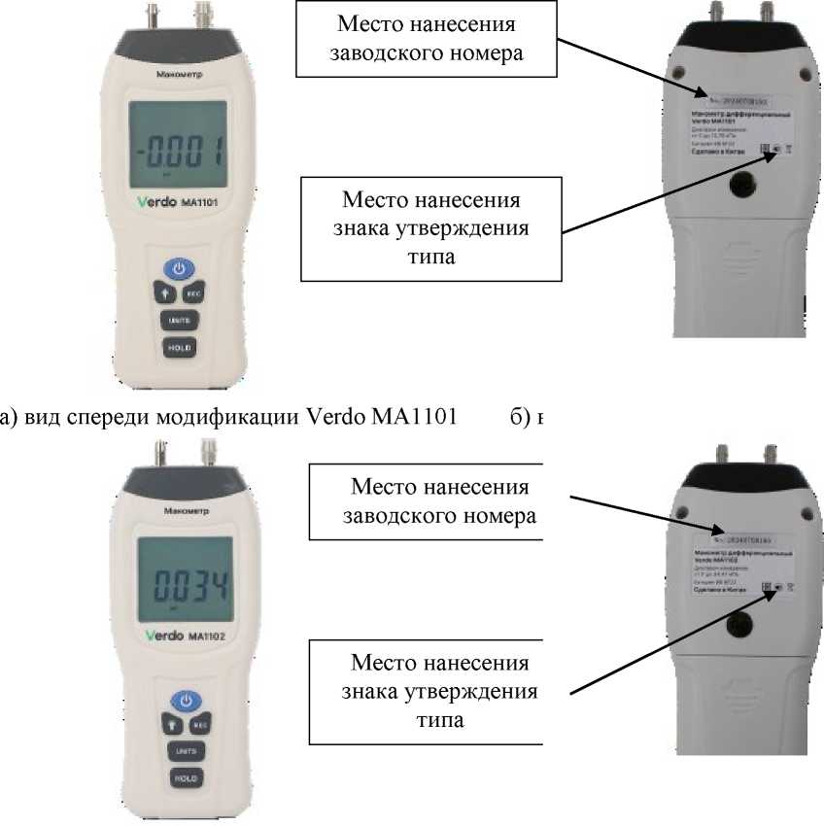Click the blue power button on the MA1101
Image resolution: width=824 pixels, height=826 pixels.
pyautogui.click(x=179, y=268)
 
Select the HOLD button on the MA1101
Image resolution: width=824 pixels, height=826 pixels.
pyautogui.click(x=179, y=347)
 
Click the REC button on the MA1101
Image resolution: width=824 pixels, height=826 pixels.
pyautogui.click(x=192, y=292)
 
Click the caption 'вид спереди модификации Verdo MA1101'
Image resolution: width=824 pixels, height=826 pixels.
pyautogui.click(x=229, y=419)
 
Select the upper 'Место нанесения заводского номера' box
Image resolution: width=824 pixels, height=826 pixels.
pyautogui.click(x=428, y=39)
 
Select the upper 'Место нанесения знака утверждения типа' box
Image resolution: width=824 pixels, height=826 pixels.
pyautogui.click(x=430, y=227)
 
